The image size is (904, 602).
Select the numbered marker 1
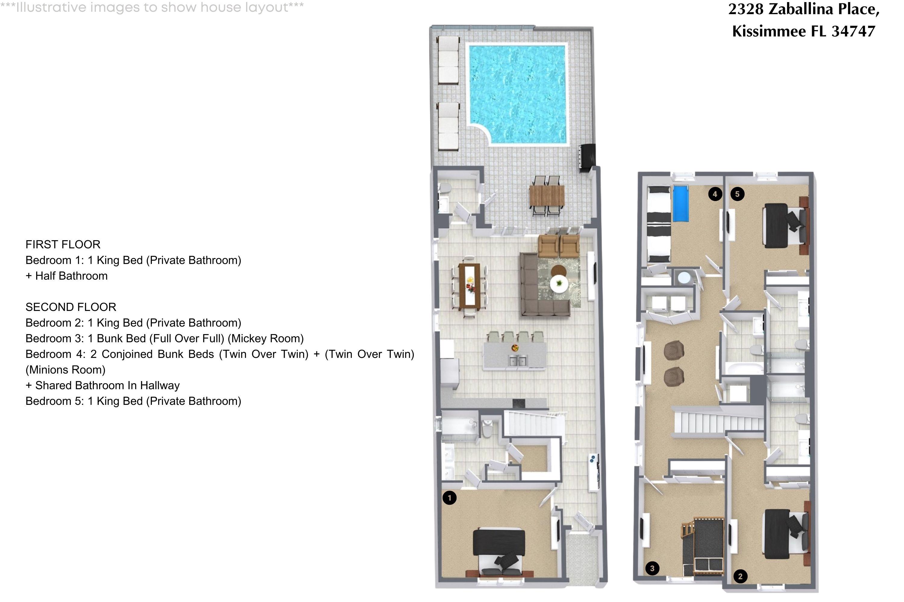click(x=449, y=498)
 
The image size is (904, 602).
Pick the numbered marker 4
click(x=715, y=194)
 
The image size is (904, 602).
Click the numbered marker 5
click(x=737, y=194)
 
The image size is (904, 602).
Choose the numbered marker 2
click(x=740, y=576)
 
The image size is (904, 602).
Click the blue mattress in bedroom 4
click(x=681, y=204)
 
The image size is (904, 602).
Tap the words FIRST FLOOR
click(x=63, y=244)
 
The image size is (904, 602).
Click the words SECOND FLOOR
click(x=71, y=307)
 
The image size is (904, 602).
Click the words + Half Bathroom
click(x=67, y=276)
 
